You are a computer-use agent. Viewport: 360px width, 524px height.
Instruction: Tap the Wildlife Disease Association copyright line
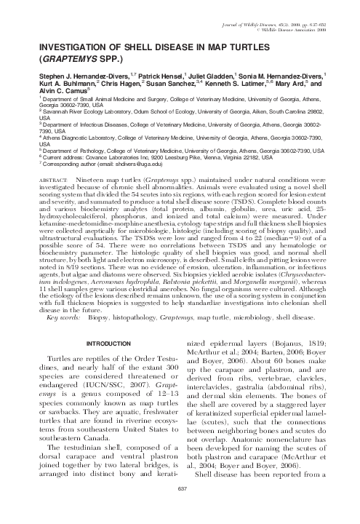[x=291, y=14]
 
